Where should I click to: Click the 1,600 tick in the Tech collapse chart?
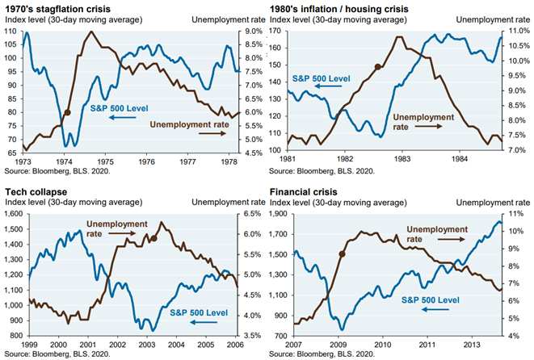click(13, 214)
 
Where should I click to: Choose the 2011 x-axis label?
click(424, 343)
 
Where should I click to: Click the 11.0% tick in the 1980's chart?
click(518, 31)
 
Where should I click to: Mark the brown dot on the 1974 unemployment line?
click(67, 113)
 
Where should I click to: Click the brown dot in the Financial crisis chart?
click(342, 253)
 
